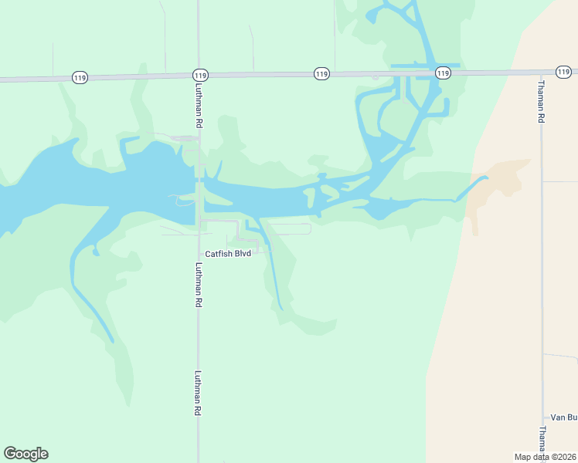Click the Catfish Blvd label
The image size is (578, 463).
click(228, 254)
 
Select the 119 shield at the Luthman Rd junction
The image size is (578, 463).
click(200, 75)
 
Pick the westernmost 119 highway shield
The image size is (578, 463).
click(80, 77)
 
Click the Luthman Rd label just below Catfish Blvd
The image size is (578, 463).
click(199, 286)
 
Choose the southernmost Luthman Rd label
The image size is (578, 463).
click(199, 394)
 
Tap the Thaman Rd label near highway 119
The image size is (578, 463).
click(542, 101)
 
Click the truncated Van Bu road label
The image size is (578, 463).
click(563, 417)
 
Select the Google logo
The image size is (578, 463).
click(25, 454)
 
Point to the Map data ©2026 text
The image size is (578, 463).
click(545, 457)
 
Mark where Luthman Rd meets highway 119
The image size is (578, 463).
click(199, 75)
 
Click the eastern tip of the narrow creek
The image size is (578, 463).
click(487, 178)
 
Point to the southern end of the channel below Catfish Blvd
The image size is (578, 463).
click(281, 309)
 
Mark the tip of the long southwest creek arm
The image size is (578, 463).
click(113, 340)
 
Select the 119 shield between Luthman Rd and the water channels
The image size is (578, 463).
click(322, 73)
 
